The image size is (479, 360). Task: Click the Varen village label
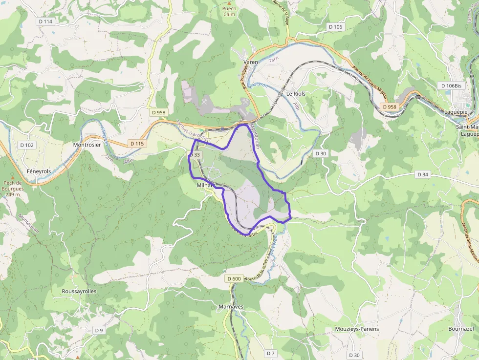251,62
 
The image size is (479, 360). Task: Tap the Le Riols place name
296,93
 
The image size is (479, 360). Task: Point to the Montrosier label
87,145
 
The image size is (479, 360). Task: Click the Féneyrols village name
39,172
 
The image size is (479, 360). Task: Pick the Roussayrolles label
79,291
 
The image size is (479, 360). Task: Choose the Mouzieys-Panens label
357,329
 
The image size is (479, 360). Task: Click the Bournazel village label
461,329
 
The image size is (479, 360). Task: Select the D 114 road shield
44,21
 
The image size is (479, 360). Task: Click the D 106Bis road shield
451,85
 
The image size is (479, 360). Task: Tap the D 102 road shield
27,145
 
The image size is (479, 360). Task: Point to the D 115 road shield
137,144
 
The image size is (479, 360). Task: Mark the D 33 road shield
195,155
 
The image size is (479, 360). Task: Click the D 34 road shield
423,174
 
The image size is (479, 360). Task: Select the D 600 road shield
234,278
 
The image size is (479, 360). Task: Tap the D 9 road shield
99,330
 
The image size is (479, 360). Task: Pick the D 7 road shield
271,353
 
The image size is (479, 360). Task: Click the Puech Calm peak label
229,11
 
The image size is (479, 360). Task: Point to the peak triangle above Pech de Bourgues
13,178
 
